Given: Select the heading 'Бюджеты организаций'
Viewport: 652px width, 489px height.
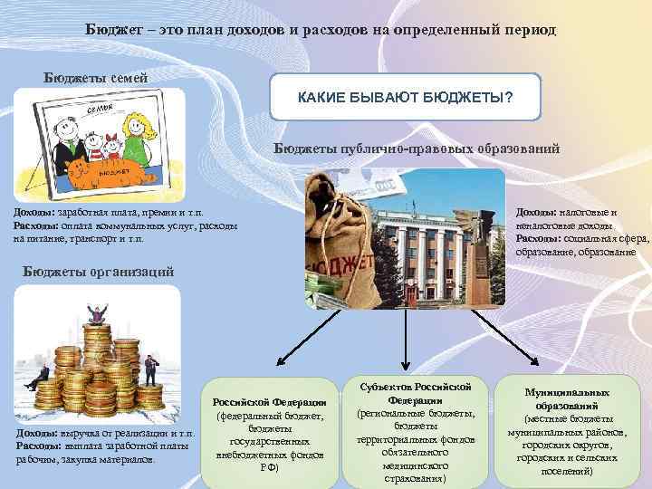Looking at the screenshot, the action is pos(96,271).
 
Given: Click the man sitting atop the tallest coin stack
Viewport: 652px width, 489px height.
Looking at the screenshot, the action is pos(92,316).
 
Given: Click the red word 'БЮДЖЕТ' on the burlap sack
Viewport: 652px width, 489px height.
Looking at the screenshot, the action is pos(342,256).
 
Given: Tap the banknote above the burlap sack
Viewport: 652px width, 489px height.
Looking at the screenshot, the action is pos(385,191).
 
